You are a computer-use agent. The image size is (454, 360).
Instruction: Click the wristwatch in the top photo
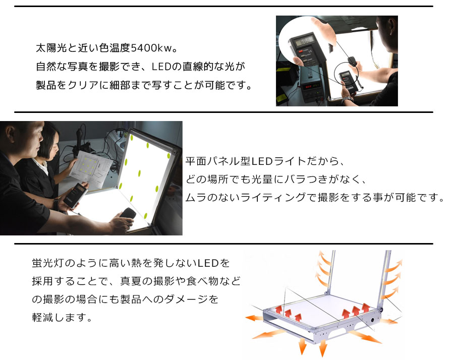click(348, 99)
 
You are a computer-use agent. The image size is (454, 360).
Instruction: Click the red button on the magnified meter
click(302, 51)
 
